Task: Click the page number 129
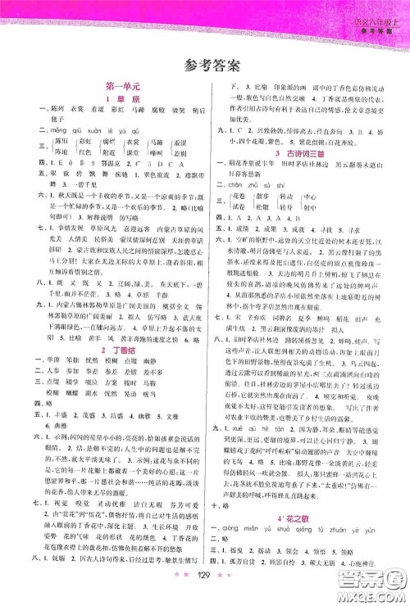(204, 590)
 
